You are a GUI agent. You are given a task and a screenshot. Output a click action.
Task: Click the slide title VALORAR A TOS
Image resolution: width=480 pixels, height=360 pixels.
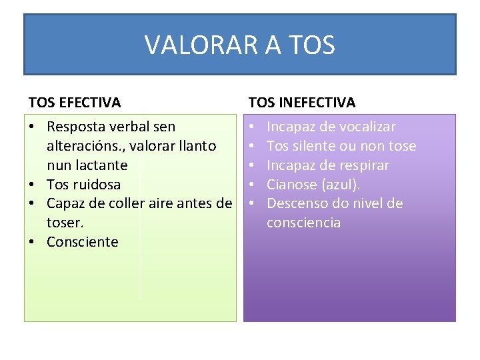tap(239, 45)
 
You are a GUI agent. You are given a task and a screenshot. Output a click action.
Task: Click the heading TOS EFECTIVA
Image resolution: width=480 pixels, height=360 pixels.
tap(75, 103)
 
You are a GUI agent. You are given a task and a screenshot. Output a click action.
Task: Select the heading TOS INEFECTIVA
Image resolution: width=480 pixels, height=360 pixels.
tap(302, 103)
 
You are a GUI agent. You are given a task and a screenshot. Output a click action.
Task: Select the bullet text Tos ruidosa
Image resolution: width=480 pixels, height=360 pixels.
tap(83, 184)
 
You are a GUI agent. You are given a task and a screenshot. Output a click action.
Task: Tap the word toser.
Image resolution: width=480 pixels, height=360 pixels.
tap(65, 223)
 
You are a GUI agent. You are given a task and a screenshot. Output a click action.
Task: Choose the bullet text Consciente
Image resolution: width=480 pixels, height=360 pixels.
tap(82, 242)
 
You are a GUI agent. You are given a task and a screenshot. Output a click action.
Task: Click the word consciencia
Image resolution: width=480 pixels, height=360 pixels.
tap(303, 223)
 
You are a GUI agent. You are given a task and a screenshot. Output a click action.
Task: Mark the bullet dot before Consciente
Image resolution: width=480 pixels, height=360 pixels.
tap(33, 242)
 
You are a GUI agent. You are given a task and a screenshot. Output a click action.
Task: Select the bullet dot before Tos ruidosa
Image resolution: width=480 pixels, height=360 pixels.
tap(33, 184)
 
